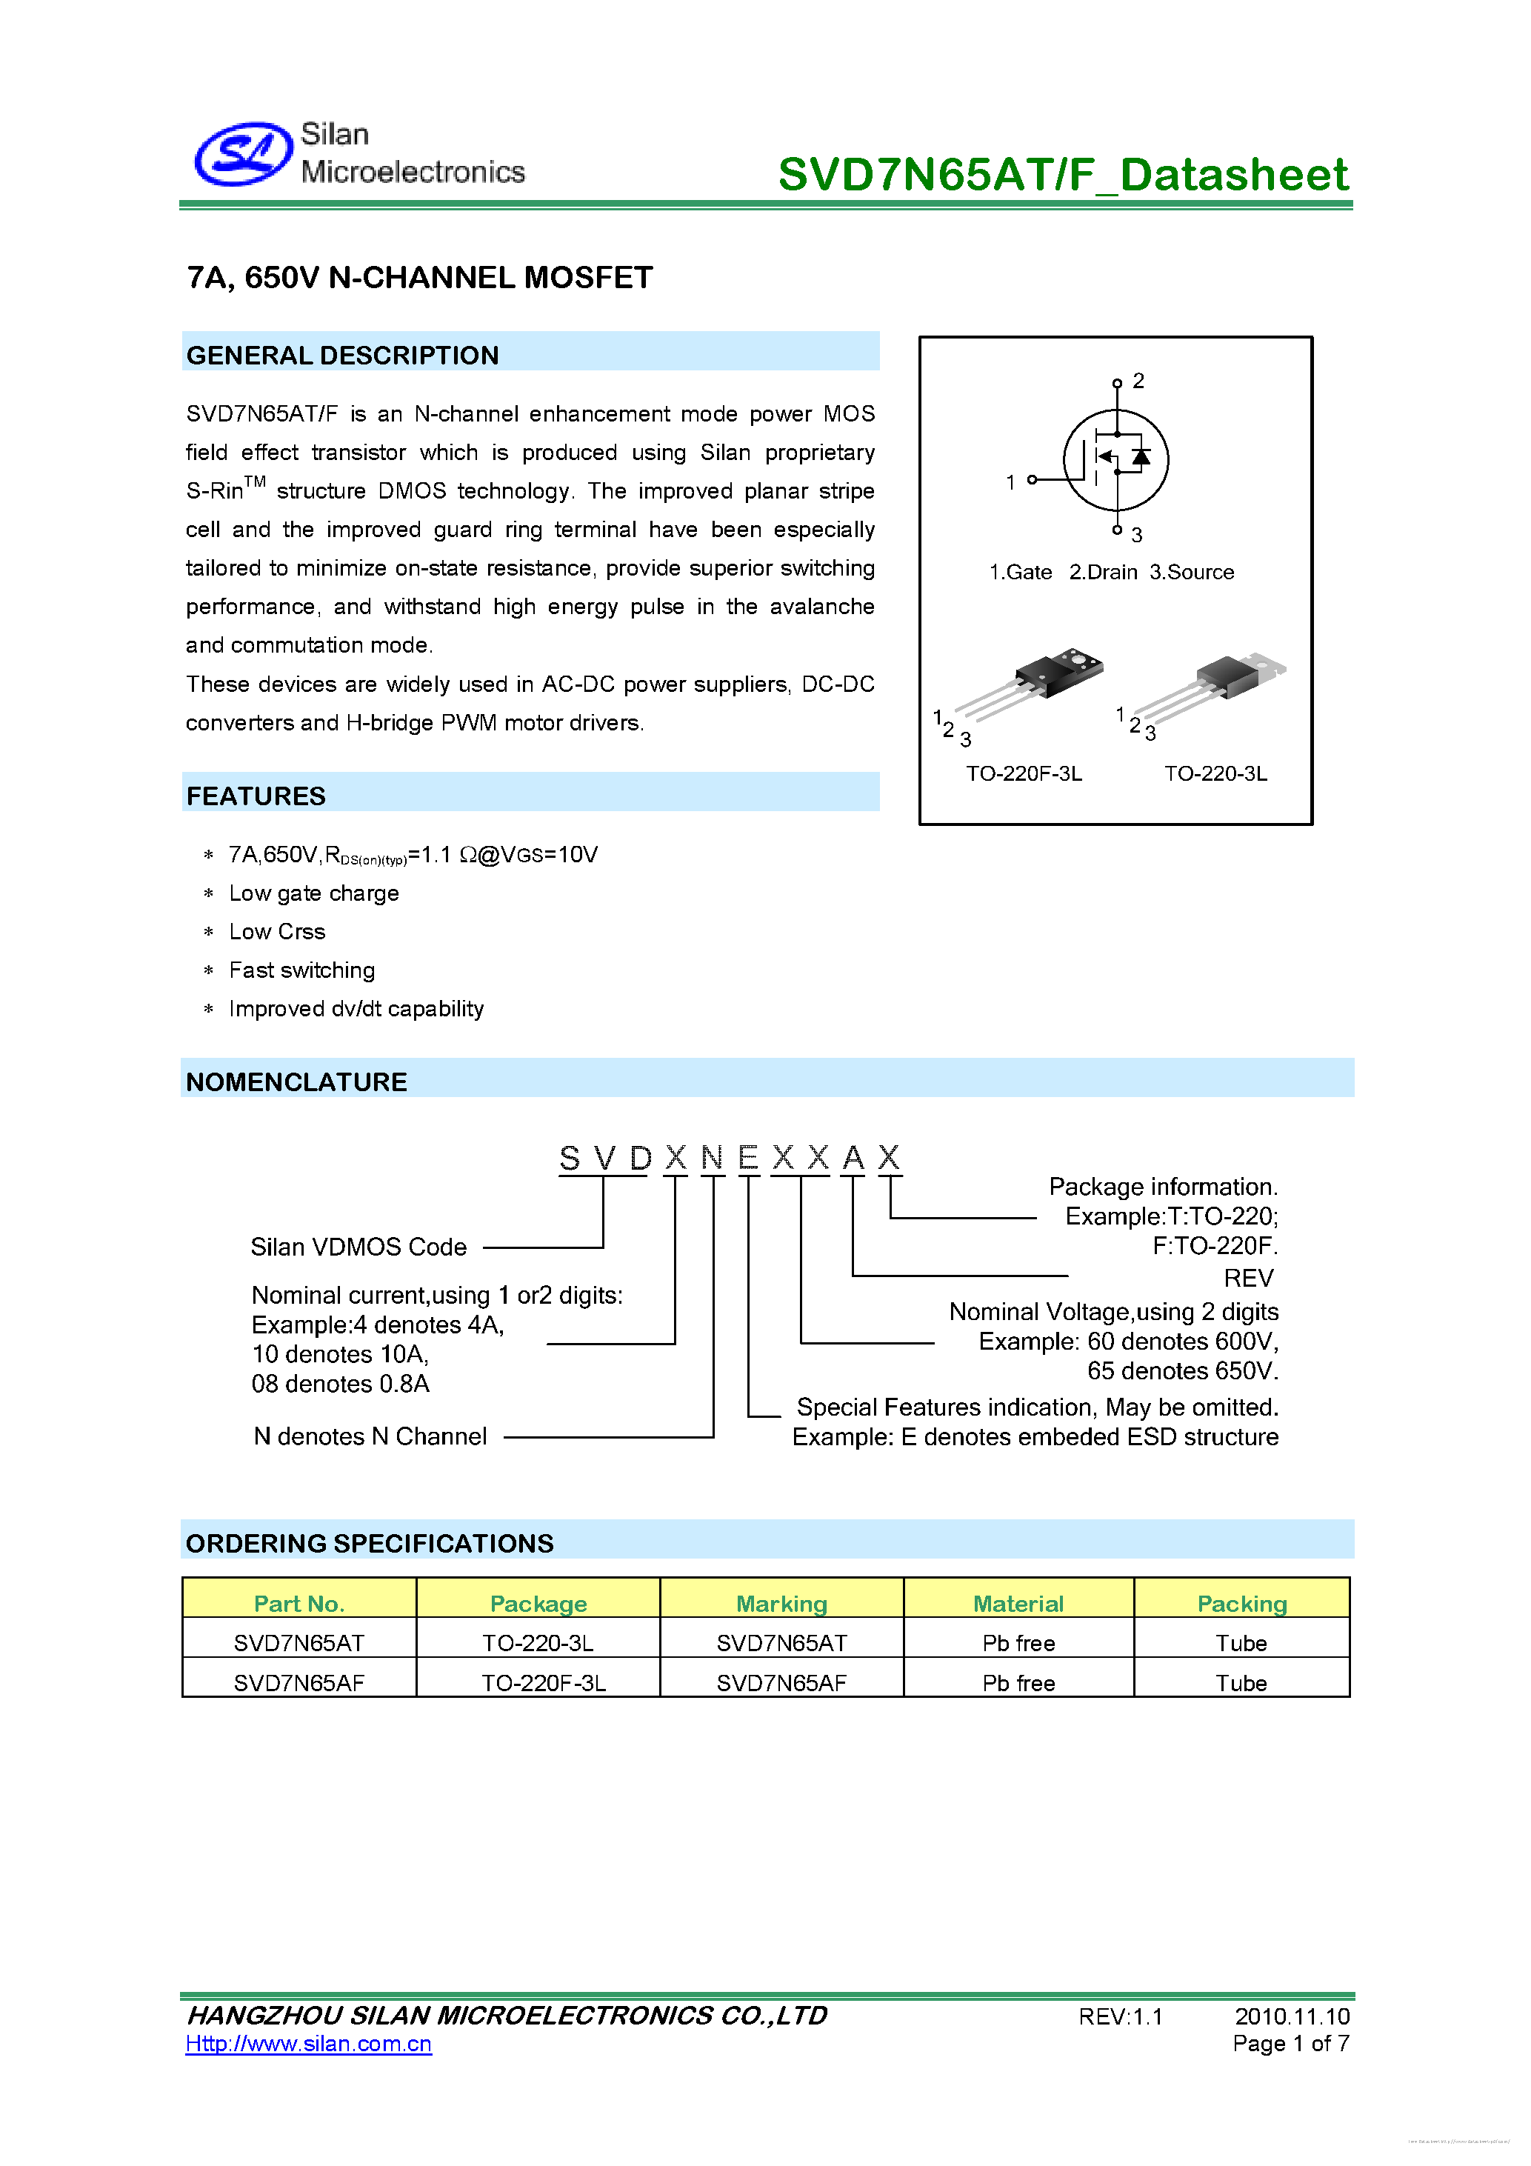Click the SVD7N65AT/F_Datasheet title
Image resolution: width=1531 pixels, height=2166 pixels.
click(1062, 176)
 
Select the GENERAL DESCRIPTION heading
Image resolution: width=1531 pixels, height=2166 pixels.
click(342, 356)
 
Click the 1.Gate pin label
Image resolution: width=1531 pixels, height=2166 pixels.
click(1020, 573)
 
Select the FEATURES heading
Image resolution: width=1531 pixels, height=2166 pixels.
click(256, 796)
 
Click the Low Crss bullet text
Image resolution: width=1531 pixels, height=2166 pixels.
click(277, 932)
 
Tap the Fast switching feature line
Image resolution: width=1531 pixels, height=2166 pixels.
click(302, 970)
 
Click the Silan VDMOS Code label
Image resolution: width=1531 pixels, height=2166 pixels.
click(358, 1247)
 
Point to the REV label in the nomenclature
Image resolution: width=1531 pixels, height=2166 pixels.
click(1248, 1279)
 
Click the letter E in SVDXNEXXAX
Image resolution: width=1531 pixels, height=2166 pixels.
click(748, 1158)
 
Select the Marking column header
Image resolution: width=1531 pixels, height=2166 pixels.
click(781, 1604)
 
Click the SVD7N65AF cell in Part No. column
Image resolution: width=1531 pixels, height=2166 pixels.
click(299, 1683)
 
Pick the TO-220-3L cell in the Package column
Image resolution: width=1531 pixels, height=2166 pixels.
click(538, 1643)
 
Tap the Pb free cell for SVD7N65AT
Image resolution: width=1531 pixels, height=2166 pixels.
click(1018, 1643)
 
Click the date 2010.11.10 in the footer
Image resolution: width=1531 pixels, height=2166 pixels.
click(1292, 2016)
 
